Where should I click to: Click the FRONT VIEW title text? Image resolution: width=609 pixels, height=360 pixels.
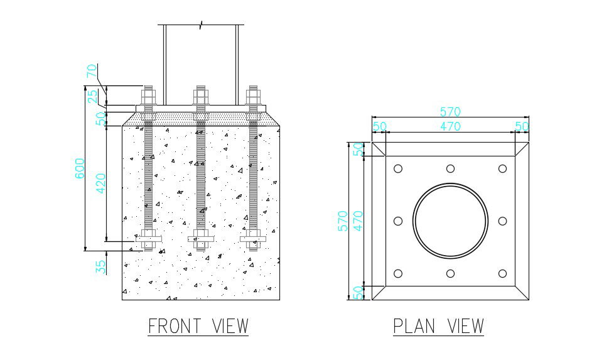[198, 327]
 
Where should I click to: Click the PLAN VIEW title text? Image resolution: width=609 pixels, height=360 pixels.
[438, 327]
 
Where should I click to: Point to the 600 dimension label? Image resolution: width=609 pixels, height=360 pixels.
[80, 168]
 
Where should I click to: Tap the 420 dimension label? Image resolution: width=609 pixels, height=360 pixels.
[101, 182]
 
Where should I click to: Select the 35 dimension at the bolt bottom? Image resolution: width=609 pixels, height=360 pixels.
[101, 266]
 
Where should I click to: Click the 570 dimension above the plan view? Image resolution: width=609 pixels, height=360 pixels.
[450, 112]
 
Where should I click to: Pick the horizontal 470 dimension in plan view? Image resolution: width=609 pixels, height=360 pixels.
[450, 126]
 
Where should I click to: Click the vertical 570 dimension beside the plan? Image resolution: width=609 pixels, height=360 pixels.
[343, 221]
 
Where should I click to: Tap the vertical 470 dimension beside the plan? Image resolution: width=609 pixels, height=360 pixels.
[358, 221]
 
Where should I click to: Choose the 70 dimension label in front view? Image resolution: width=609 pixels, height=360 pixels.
[92, 70]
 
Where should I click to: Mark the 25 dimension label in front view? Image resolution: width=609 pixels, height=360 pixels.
[92, 97]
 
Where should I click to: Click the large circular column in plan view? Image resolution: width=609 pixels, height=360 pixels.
[450, 221]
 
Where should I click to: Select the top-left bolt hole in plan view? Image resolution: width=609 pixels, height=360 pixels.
[398, 168]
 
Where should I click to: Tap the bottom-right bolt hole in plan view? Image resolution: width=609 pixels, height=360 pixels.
[502, 273]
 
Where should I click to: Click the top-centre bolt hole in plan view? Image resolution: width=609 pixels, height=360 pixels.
[450, 168]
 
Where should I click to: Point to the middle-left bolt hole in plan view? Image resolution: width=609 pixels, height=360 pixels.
[398, 221]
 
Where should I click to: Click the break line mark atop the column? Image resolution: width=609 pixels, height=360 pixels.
[201, 25]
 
